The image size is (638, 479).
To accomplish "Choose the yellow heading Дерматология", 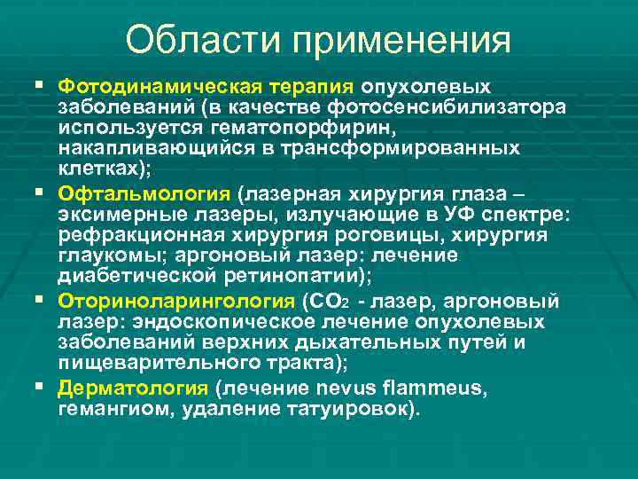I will coord(133,387).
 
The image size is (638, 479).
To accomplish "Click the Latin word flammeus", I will coord(442,387).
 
